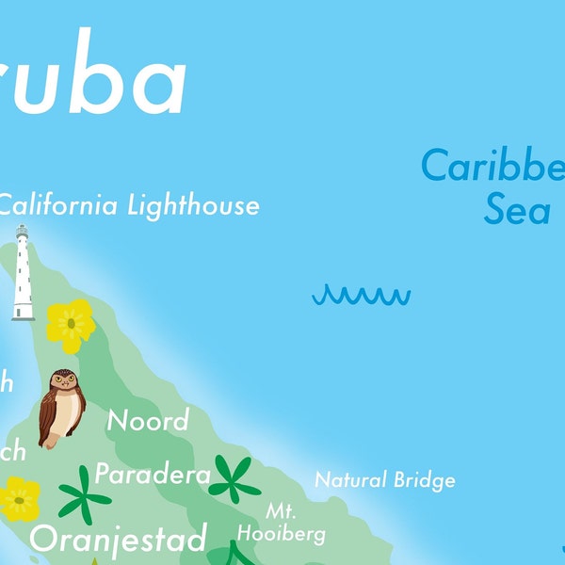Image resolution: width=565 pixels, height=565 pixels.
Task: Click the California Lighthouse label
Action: (129, 204)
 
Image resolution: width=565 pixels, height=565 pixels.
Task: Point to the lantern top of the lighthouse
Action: (21, 233)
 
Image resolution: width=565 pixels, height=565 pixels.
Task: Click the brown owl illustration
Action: (61, 408)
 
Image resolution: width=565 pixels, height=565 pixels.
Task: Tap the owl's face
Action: (63, 381)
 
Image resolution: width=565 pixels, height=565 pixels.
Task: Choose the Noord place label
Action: (148, 420)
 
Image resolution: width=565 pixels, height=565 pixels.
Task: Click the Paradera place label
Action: (153, 475)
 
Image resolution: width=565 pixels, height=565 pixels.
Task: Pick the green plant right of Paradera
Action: (234, 478)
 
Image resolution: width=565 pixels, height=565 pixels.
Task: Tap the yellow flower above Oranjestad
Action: (19, 498)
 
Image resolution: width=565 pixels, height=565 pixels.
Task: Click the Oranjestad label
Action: (119, 540)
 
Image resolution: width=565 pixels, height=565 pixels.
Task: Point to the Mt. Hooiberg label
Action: (281, 524)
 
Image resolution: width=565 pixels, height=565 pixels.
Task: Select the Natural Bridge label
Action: (384, 480)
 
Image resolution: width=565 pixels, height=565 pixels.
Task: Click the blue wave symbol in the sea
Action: (362, 297)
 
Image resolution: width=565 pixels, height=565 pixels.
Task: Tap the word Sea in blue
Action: (517, 210)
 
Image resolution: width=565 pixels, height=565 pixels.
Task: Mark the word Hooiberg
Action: (281, 534)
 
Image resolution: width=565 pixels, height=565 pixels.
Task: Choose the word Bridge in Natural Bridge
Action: (425, 480)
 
